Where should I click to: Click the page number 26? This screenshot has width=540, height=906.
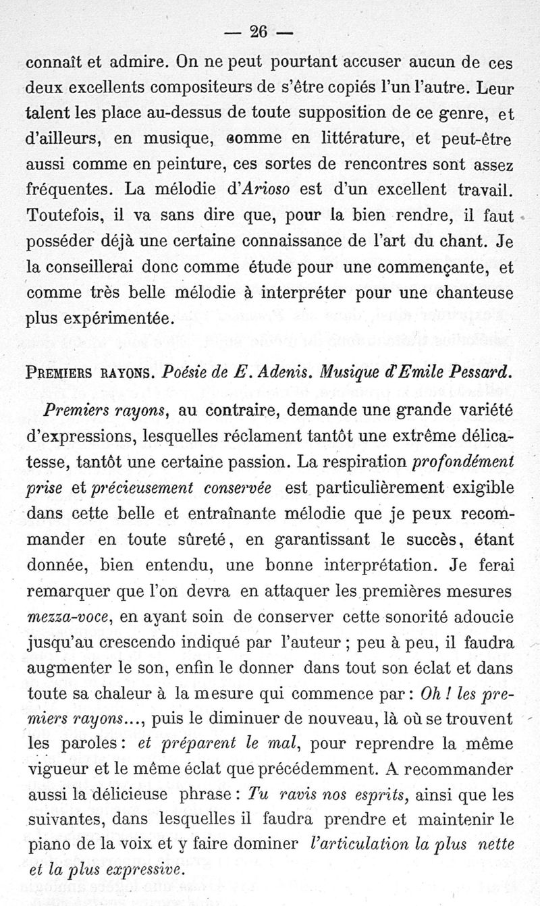pyautogui.click(x=259, y=32)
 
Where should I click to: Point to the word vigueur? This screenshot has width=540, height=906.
pyautogui.click(x=59, y=772)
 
